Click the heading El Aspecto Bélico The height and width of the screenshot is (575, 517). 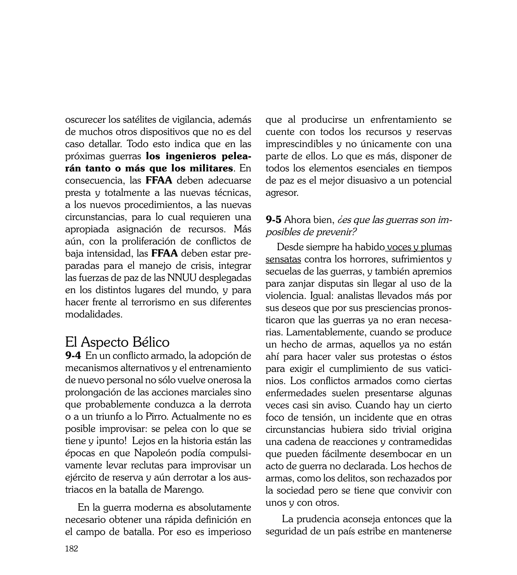pyautogui.click(x=117, y=342)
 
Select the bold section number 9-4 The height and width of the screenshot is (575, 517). pyautogui.click(x=73, y=355)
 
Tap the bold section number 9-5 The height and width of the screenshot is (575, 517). pyautogui.click(x=273, y=220)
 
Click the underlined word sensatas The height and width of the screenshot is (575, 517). pyautogui.click(x=283, y=259)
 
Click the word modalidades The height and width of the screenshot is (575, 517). pyautogui.click(x=93, y=314)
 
